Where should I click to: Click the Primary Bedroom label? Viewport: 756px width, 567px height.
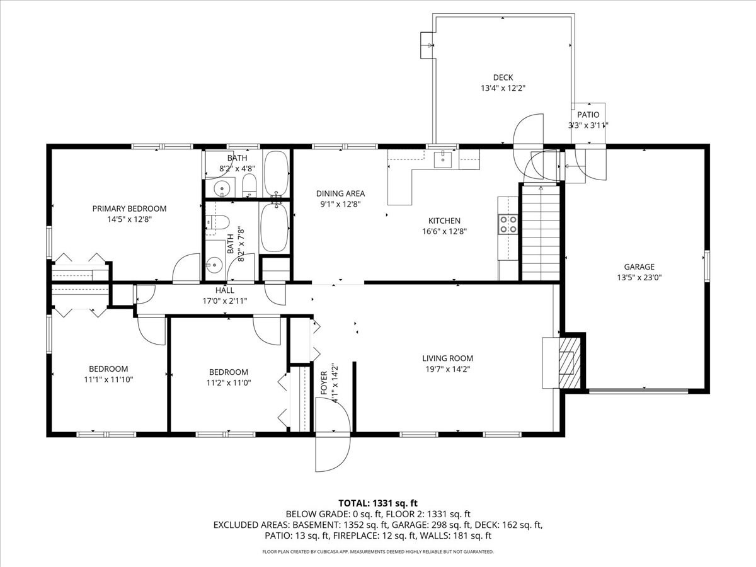coord(129,209)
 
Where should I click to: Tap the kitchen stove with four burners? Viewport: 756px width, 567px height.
coord(508,224)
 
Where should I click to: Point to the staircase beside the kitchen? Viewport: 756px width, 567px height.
coord(541,233)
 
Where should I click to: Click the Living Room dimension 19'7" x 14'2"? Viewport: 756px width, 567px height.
coord(447,370)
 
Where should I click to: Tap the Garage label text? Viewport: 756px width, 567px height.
coord(639,266)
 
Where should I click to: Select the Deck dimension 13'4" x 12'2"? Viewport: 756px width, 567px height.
coord(503,89)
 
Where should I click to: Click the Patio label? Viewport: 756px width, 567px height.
coord(588,115)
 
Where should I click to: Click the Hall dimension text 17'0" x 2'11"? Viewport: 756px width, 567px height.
coord(225,301)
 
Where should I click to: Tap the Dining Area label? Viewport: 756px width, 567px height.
coord(340,193)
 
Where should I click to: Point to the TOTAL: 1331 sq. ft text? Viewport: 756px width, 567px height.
coord(378,503)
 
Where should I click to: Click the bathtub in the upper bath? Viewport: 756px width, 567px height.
coord(276,173)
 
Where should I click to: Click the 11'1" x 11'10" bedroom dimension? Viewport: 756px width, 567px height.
coord(108,379)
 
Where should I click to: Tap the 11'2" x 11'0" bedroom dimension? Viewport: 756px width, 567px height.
coord(228,382)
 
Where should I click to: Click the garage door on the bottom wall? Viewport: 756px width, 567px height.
coord(638,391)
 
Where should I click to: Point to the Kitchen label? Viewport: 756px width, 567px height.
coord(444,220)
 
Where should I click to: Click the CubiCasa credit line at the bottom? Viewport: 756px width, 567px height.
coord(378,552)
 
